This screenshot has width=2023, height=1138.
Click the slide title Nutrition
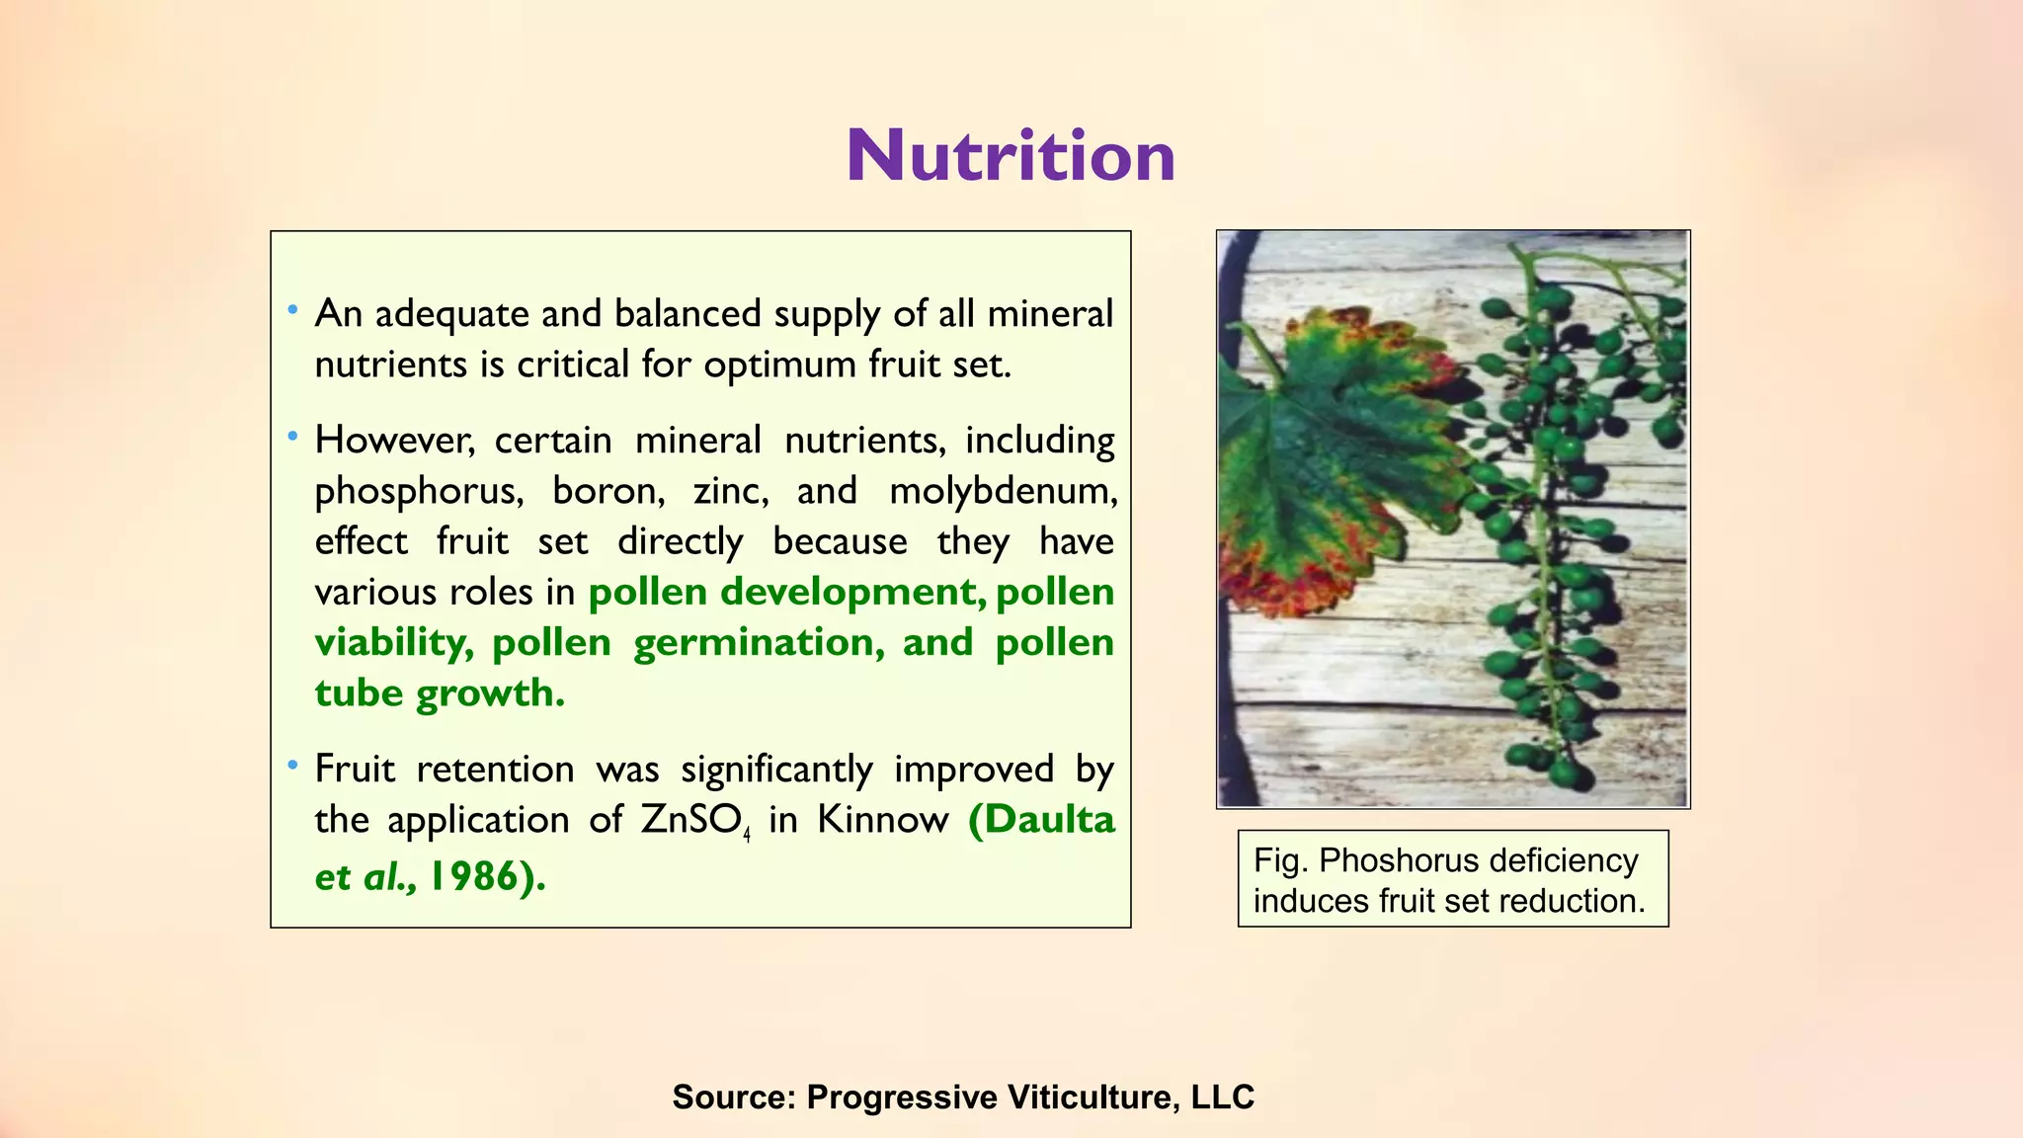click(x=1011, y=156)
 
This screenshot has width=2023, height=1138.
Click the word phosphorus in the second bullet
click(x=419, y=491)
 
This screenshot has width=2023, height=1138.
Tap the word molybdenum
click(x=1003, y=491)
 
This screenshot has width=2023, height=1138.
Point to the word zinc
click(x=730, y=491)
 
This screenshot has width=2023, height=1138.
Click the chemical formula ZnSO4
click(x=695, y=820)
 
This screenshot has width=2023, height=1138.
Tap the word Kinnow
click(x=882, y=820)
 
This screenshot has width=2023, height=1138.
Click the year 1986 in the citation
click(x=473, y=876)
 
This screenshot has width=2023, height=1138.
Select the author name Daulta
click(x=1049, y=820)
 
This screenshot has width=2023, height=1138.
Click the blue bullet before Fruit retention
click(x=292, y=766)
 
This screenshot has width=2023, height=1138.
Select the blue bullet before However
click(x=292, y=436)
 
